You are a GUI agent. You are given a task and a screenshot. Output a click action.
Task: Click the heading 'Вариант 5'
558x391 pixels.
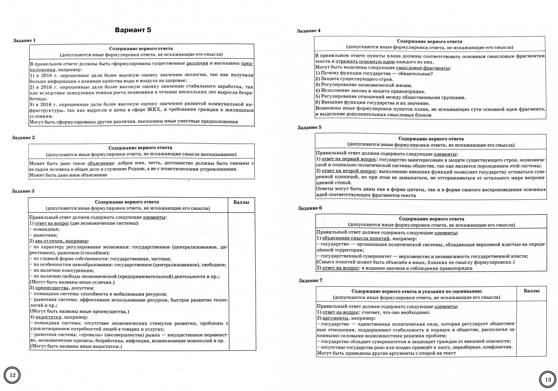click(x=133, y=30)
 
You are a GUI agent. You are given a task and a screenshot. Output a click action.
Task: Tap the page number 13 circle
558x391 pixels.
click(x=547, y=380)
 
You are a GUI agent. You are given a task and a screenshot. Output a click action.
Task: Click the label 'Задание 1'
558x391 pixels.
click(x=24, y=41)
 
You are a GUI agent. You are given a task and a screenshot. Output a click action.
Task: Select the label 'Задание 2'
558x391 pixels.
click(x=24, y=138)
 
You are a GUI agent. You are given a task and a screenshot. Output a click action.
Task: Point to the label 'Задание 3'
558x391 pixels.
click(x=23, y=191)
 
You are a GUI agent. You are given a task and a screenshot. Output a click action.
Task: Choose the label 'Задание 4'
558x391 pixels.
click(x=309, y=31)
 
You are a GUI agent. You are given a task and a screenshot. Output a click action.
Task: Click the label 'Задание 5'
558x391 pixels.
click(x=309, y=127)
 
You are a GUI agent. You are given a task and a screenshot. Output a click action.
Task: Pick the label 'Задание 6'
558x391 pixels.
click(x=310, y=208)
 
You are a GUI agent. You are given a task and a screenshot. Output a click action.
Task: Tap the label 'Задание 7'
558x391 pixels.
click(x=311, y=281)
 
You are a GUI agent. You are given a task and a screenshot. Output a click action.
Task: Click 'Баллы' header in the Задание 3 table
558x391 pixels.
click(x=241, y=202)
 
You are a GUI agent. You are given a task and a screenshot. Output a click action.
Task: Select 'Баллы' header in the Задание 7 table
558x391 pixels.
click(x=532, y=291)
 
